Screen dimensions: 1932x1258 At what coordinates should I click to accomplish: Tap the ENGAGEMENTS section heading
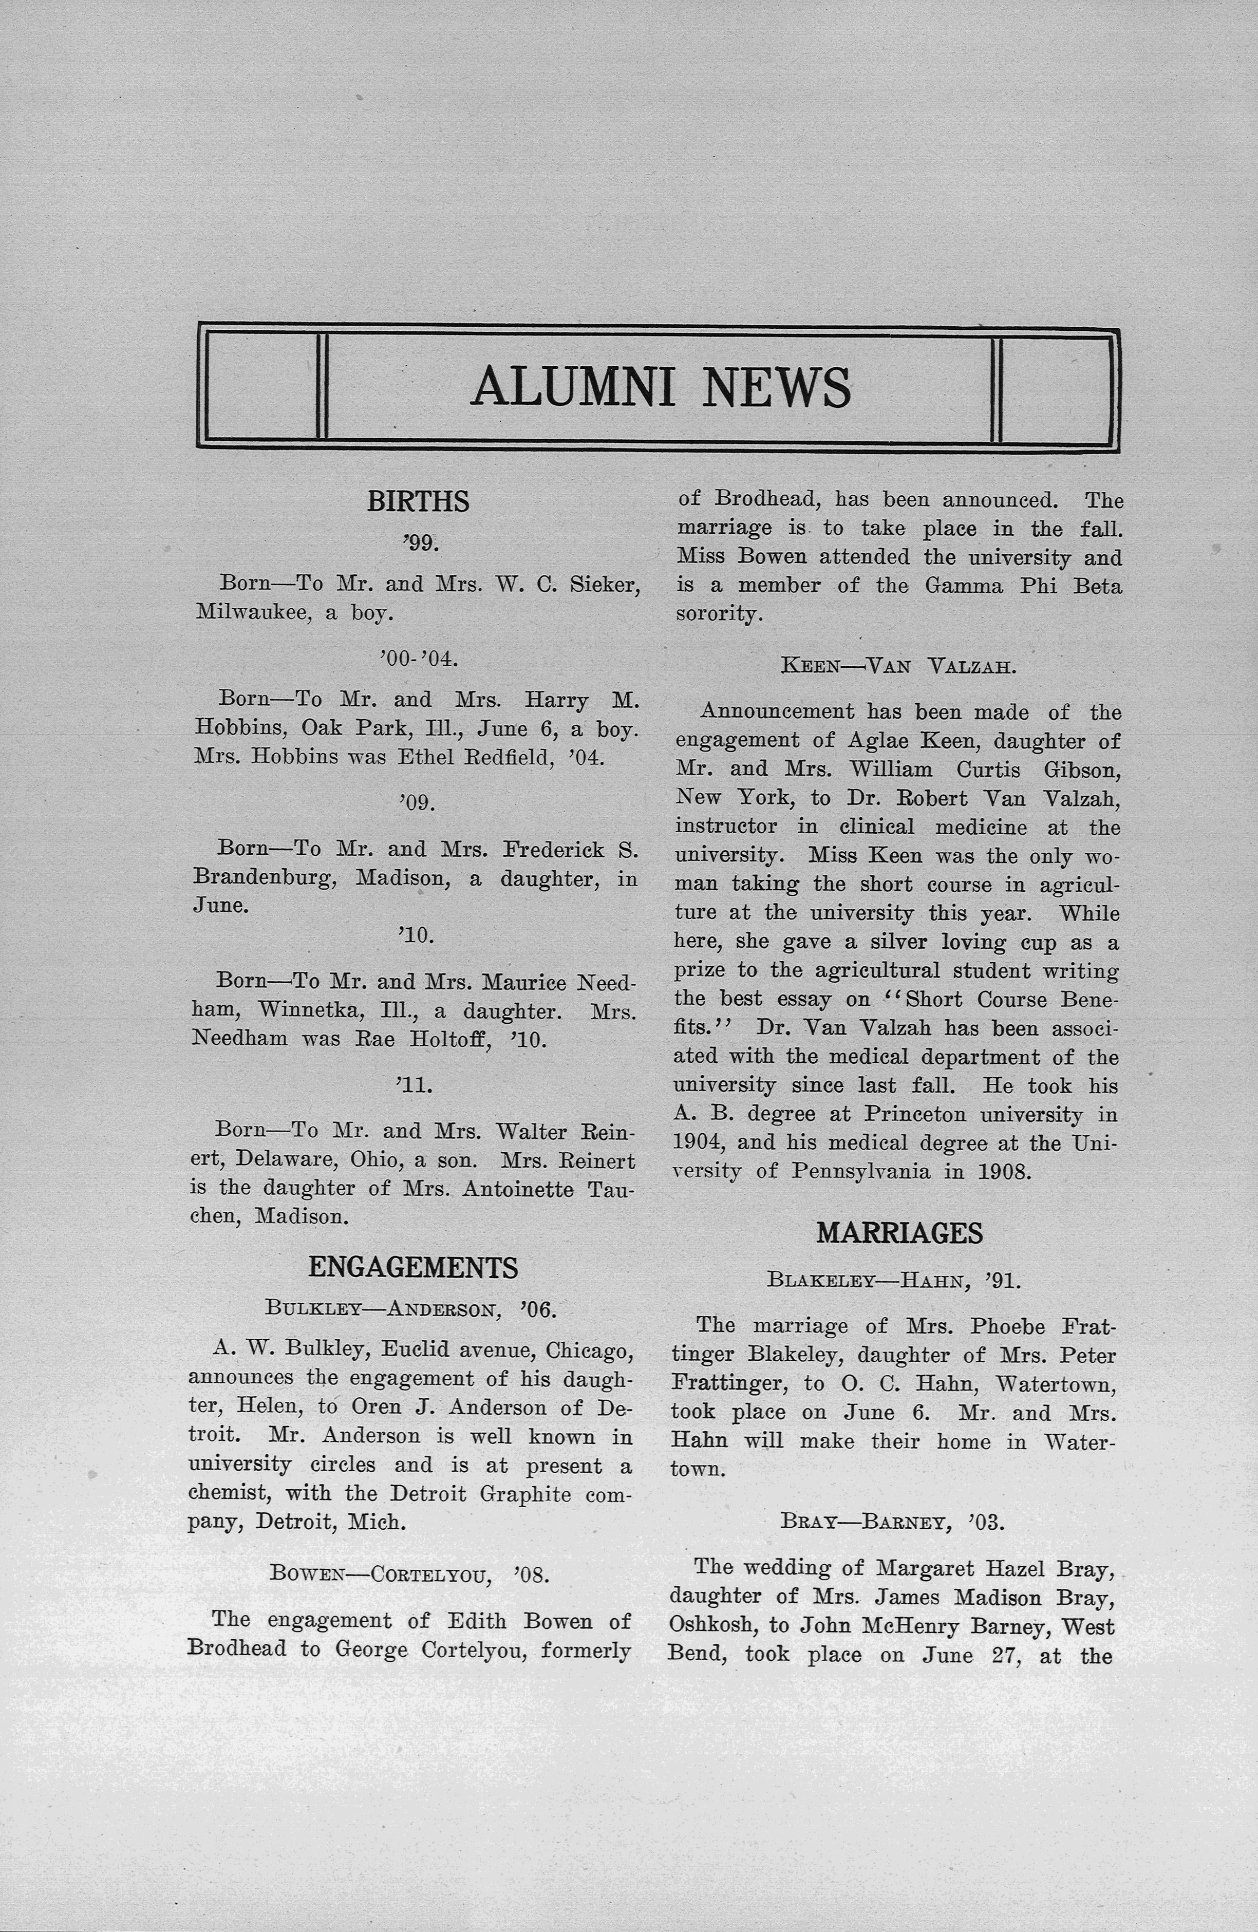coord(413,1267)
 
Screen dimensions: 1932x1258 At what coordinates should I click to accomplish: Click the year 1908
coord(1004,1171)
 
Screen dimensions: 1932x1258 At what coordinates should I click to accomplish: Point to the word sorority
coord(718,614)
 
